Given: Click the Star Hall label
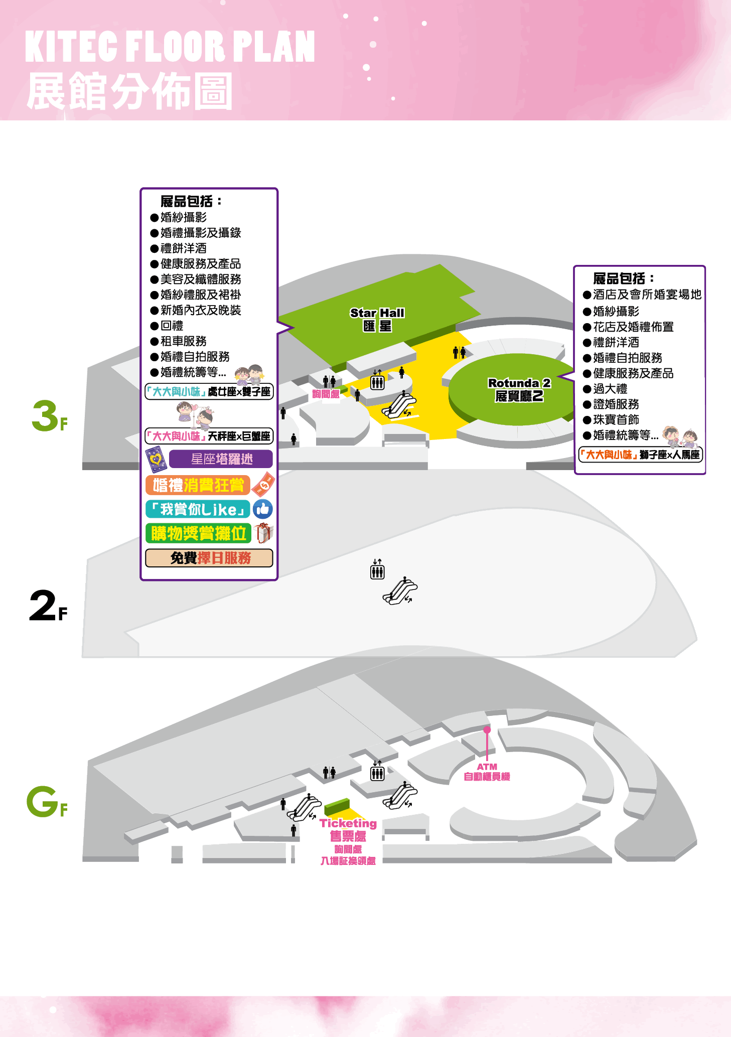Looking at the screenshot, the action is tap(377, 319).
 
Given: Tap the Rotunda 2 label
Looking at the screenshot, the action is tap(519, 389).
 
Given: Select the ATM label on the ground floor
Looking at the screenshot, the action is tap(487, 772).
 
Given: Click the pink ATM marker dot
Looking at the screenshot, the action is tap(487, 729).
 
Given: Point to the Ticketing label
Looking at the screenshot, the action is tap(348, 823).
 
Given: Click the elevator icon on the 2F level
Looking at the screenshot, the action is tap(377, 569).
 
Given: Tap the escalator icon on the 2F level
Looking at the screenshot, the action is tap(400, 591).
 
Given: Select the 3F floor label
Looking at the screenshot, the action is tap(49, 416).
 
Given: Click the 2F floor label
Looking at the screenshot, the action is tap(48, 606).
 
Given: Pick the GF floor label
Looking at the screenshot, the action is tap(47, 801).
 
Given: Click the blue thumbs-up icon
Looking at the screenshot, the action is tap(262, 509).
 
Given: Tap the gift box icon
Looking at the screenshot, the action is tap(264, 533).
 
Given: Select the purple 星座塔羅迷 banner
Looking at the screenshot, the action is tap(221, 459).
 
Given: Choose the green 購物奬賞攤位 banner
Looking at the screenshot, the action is tap(198, 533).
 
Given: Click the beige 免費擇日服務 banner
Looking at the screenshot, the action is tap(209, 558).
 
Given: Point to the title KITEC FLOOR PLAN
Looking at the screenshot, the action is tap(170, 46).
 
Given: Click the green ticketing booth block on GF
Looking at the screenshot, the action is tap(337, 806).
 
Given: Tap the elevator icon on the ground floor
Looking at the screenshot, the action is tap(377, 771).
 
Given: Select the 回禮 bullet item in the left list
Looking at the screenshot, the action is tap(167, 326).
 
